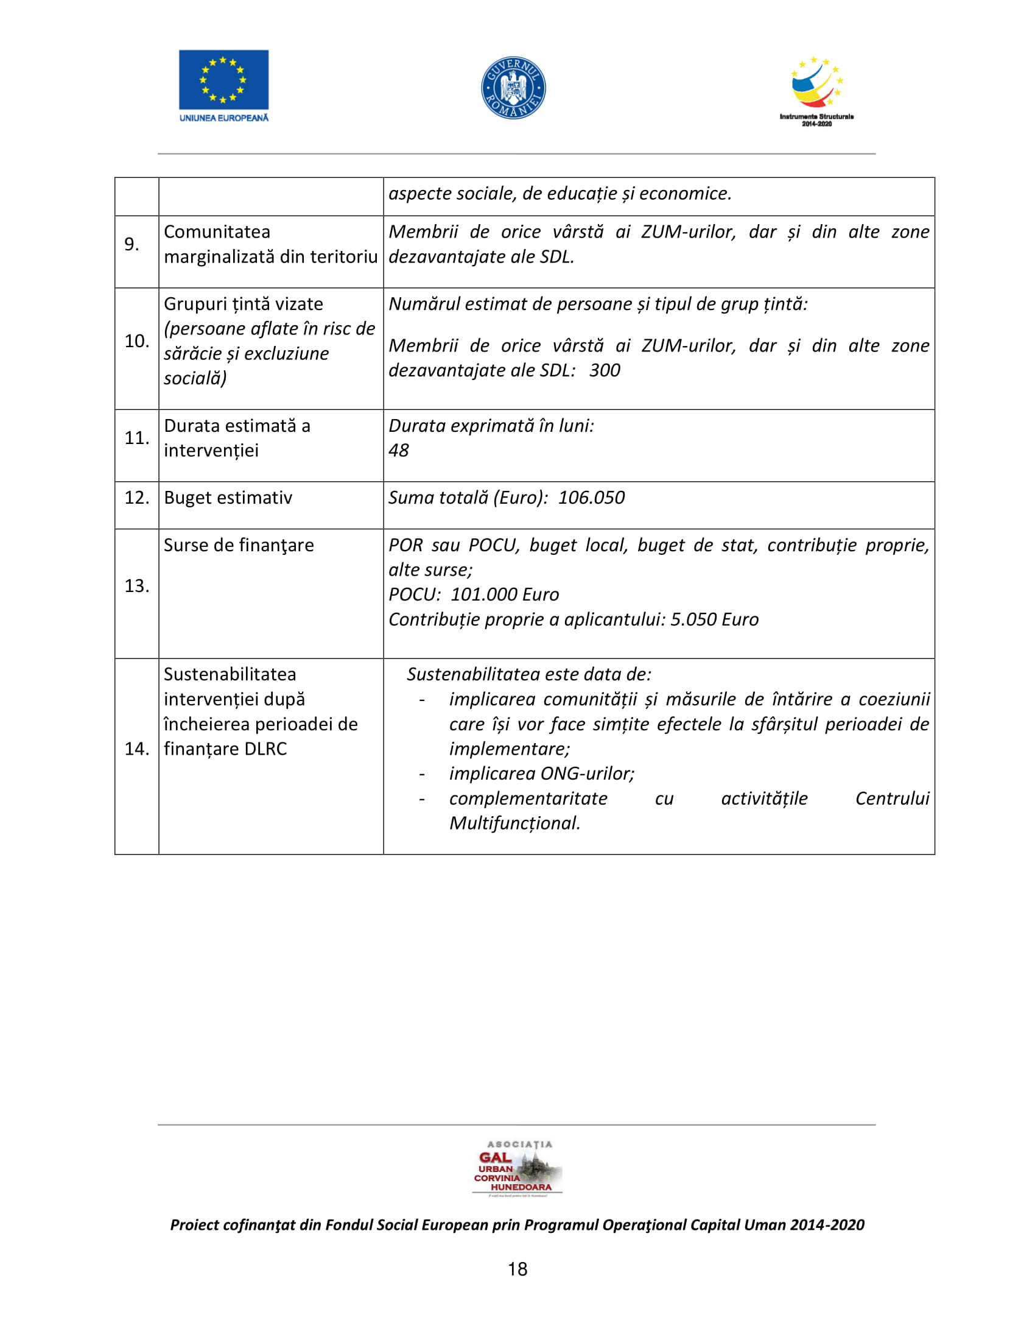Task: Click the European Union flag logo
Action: tap(223, 80)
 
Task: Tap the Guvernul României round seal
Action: tap(513, 88)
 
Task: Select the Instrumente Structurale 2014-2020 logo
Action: tap(816, 91)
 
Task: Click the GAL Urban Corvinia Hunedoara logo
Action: tap(517, 1169)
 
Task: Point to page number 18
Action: tap(517, 1269)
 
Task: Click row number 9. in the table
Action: tap(132, 244)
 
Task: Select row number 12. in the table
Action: tap(137, 498)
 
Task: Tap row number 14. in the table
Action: tap(137, 749)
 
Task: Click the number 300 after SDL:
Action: tap(605, 370)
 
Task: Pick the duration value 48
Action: tap(399, 450)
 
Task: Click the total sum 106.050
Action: tap(591, 498)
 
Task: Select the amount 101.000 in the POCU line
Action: tap(484, 594)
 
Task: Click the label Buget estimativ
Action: tap(228, 498)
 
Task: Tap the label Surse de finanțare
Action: tap(239, 546)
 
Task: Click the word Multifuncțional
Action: tap(514, 823)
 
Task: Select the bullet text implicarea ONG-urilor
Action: tap(541, 774)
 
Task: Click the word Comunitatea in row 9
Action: tap(217, 232)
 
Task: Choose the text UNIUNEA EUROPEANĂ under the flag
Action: tap(224, 118)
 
